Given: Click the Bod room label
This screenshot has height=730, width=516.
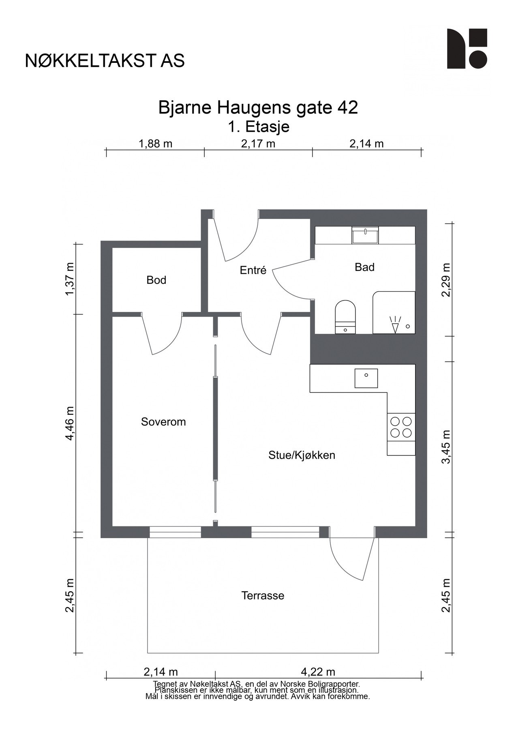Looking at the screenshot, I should point(156,280).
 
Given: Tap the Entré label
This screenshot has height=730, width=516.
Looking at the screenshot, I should point(253,270).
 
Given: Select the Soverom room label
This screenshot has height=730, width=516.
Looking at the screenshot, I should point(163,422).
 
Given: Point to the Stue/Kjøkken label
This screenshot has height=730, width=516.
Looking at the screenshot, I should point(302,455).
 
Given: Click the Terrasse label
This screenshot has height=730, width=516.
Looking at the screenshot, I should point(263,596).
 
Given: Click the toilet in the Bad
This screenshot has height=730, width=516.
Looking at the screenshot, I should point(345,317).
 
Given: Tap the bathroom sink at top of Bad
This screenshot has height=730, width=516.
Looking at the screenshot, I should point(365,236).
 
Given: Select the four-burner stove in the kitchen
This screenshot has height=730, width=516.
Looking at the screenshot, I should point(401,427).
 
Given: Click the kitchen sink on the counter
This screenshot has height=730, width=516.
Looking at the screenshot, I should point(366,378).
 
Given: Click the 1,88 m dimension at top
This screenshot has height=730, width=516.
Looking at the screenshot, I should point(156,144).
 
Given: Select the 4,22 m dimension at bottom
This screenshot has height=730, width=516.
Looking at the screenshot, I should point(319,672).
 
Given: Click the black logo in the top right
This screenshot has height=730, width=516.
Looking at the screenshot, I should point(467,49).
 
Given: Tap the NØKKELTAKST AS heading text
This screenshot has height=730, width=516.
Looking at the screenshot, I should point(105,61).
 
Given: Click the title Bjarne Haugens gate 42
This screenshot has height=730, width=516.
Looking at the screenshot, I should point(258,108).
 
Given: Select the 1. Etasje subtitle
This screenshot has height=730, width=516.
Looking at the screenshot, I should point(258,127).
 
